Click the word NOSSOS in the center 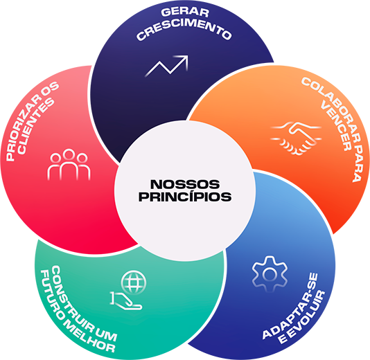(x=185, y=184)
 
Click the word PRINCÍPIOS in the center (x=185, y=197)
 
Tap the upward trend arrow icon (x=167, y=66)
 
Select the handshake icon (x=296, y=138)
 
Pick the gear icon (x=270, y=274)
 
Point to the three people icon (x=69, y=164)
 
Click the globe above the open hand (x=134, y=282)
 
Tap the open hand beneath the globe (x=125, y=301)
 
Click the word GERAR (x=185, y=12)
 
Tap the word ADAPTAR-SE (x=290, y=307)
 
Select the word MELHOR (x=89, y=336)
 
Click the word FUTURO (x=51, y=294)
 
